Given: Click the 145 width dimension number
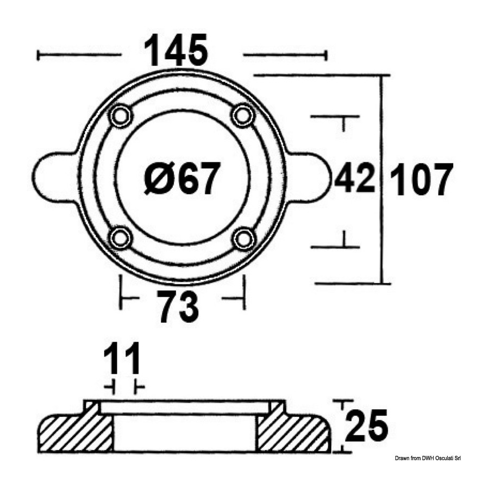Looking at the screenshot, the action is click(x=176, y=50).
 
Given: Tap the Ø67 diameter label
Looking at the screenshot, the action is click(x=183, y=178).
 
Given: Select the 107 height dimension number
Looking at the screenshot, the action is click(x=421, y=179).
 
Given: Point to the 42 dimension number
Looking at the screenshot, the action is click(x=355, y=179).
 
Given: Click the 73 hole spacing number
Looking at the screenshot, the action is click(x=179, y=306).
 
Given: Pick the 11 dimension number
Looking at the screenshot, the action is click(x=122, y=359).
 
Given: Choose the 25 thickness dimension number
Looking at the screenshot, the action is click(x=367, y=425).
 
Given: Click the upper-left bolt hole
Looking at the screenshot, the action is click(x=120, y=117).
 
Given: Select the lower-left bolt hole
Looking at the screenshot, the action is click(x=120, y=239).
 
